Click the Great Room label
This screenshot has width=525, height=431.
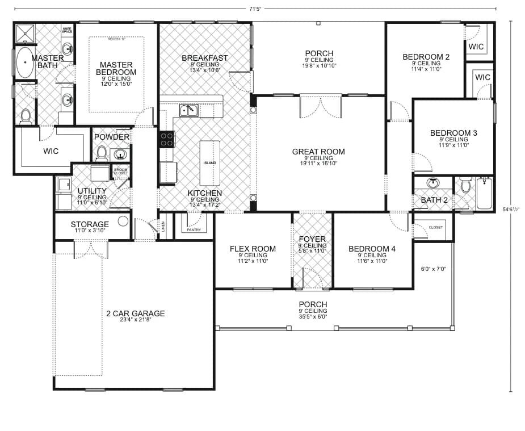(x=318, y=152)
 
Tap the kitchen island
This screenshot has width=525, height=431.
(x=209, y=162)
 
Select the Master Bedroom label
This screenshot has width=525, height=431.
(x=116, y=68)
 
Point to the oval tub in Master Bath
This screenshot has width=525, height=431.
(x=25, y=62)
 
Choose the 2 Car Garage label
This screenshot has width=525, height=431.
(x=135, y=313)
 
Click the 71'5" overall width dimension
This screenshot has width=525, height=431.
(x=255, y=9)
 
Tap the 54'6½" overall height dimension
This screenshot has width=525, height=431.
(x=511, y=209)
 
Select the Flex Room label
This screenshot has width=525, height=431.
(x=253, y=249)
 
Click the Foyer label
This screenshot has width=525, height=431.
(x=312, y=239)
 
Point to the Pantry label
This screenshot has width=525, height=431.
(x=194, y=229)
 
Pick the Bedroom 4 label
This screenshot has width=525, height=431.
(x=372, y=249)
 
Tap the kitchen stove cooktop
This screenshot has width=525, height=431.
(x=167, y=139)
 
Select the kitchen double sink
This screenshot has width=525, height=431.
(x=188, y=110)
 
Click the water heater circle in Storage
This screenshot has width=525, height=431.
(x=123, y=221)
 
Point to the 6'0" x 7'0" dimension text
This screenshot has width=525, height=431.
(x=433, y=269)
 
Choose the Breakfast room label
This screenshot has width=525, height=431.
(x=204, y=58)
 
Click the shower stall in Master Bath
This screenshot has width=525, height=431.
(x=24, y=34)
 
